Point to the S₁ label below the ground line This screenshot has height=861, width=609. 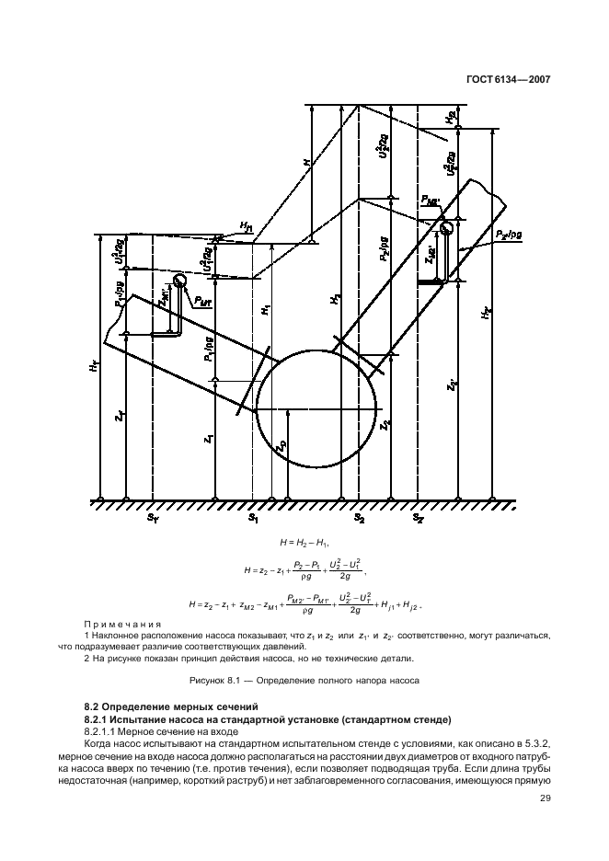click(253, 520)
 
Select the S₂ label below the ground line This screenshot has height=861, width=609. click(360, 520)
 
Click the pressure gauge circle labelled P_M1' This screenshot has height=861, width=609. click(179, 281)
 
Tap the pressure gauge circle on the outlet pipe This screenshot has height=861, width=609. click(447, 227)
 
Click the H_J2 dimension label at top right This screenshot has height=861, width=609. click(449, 118)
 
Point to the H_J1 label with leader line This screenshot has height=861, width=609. click(247, 226)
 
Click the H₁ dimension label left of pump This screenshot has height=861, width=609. click(264, 311)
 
